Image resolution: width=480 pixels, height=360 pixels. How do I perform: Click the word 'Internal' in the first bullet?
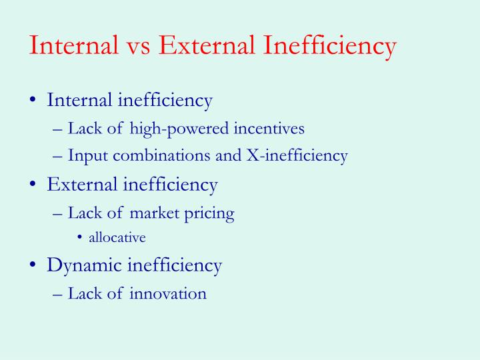79,101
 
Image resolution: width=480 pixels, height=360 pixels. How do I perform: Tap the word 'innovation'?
168,293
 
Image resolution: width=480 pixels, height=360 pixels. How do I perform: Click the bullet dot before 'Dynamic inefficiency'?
33,265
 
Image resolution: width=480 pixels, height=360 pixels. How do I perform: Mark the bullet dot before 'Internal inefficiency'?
33,101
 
